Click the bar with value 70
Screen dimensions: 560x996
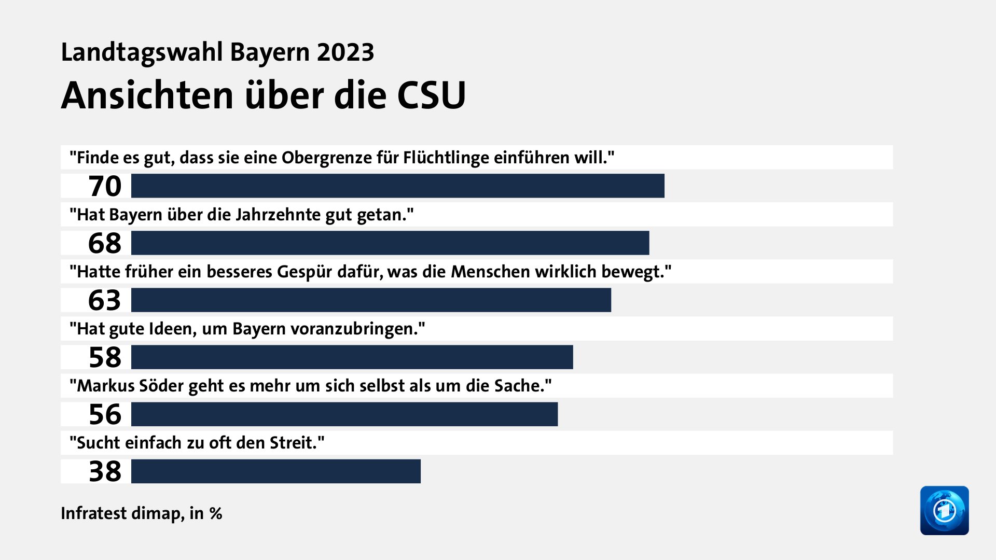pos(397,186)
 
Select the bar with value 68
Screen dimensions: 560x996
pos(390,243)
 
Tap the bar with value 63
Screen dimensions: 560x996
pos(371,300)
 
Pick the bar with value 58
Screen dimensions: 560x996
pos(352,357)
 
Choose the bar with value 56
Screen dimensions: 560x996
pos(344,414)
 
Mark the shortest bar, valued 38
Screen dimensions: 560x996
pos(275,471)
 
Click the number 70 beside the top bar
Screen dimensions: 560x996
pos(105,186)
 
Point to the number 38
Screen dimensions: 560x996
pos(105,471)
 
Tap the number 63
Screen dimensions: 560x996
pos(105,300)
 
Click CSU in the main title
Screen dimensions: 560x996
pos(431,95)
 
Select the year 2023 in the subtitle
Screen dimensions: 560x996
pos(345,52)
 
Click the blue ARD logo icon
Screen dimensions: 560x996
pos(944,510)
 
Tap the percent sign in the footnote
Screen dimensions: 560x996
pos(216,513)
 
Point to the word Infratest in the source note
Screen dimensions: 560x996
pos(93,513)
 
